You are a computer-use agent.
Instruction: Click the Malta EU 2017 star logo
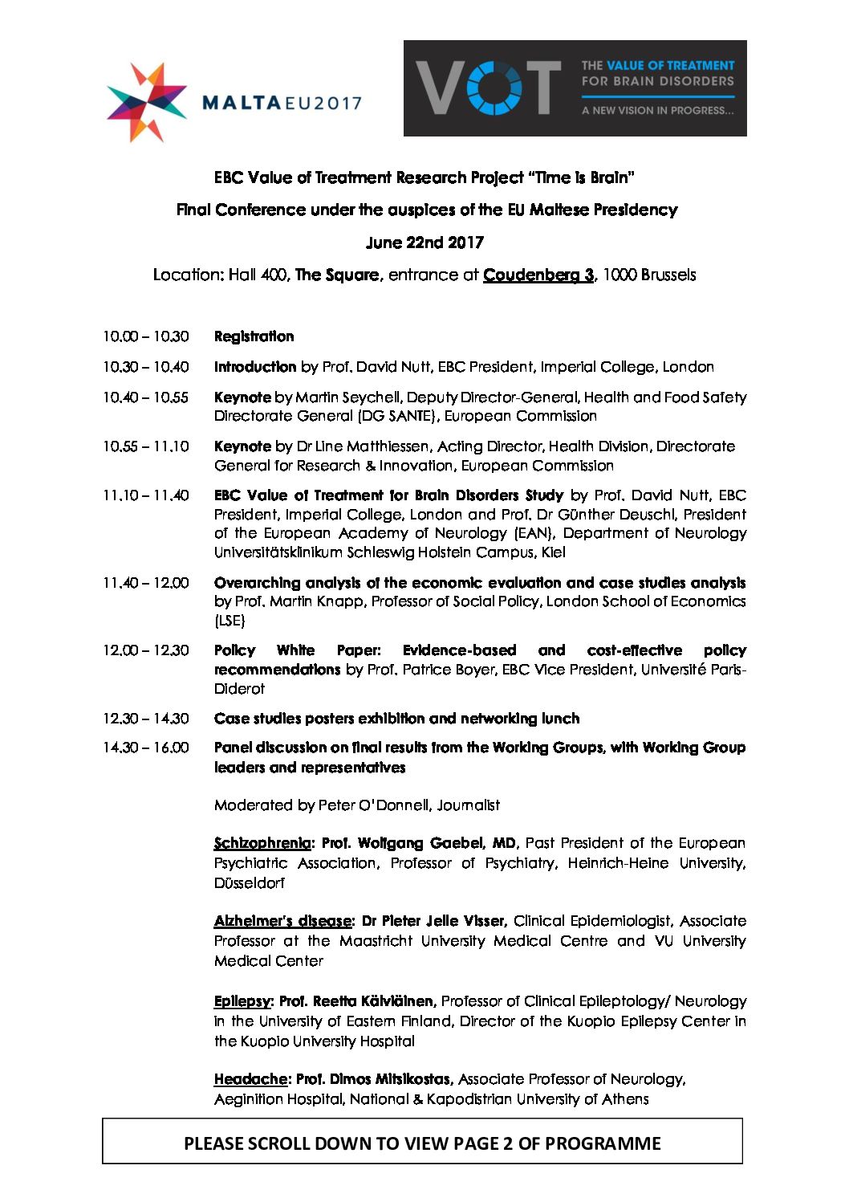coord(146,102)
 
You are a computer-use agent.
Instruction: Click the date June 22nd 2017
coord(424,242)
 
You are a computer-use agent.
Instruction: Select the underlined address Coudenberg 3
coord(538,275)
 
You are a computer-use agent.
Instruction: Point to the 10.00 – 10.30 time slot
coord(145,336)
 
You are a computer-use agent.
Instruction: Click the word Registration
coord(254,336)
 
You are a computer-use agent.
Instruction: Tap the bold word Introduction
coord(255,367)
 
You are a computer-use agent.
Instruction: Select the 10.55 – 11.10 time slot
coord(145,446)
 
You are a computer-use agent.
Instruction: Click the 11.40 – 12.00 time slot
coord(145,583)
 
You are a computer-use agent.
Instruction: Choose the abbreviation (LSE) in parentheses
coord(230,621)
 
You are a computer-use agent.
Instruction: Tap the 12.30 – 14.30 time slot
coord(145,719)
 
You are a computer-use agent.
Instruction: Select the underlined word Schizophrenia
coord(262,843)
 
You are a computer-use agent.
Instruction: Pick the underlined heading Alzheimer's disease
coord(282,921)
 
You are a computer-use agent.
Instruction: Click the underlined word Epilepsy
coord(243,1001)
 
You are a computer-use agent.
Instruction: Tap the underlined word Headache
coord(250,1079)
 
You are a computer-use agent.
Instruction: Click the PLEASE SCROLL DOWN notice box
coord(422,1143)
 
